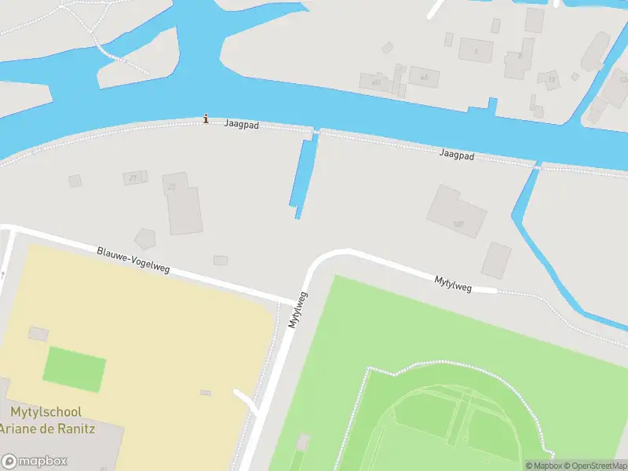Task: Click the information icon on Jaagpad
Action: (206, 119)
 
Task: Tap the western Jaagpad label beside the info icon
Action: (241, 124)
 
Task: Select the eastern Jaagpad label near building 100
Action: (458, 156)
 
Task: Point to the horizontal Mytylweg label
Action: (453, 283)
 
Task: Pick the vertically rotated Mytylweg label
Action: (298, 309)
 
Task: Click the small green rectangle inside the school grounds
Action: (74, 368)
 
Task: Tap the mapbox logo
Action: (35, 461)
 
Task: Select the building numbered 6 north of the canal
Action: (475, 50)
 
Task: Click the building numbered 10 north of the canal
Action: (551, 79)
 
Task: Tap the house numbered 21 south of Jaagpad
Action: (135, 177)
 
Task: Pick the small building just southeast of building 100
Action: (496, 260)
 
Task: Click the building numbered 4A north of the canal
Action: (425, 77)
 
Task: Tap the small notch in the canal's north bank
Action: (492, 104)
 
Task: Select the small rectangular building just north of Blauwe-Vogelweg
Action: (220, 260)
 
